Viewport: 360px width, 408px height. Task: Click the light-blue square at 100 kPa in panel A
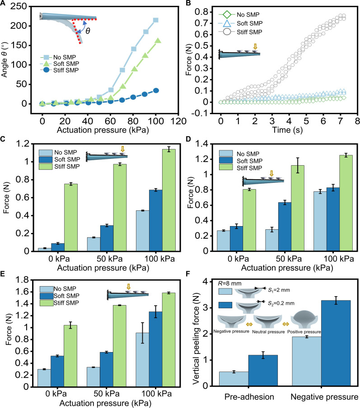pyautogui.click(x=156, y=20)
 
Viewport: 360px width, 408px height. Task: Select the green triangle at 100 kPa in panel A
pyautogui.click(x=158, y=41)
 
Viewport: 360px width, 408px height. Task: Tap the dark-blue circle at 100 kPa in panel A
pyautogui.click(x=156, y=91)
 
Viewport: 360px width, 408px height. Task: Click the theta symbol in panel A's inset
pyautogui.click(x=88, y=31)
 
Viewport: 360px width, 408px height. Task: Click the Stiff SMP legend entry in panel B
pyautogui.click(x=240, y=32)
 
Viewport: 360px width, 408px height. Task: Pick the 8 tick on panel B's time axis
pyautogui.click(x=357, y=121)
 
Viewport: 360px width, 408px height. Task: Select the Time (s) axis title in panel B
pyautogui.click(x=288, y=130)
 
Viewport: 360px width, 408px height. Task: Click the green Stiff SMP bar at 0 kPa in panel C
pyautogui.click(x=71, y=218)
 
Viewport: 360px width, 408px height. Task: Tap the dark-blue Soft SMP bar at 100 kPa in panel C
pyautogui.click(x=156, y=220)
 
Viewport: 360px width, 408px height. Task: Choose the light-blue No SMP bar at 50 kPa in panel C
pyautogui.click(x=94, y=244)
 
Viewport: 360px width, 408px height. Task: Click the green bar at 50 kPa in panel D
pyautogui.click(x=298, y=208)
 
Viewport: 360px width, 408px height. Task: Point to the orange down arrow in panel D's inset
pyautogui.click(x=271, y=173)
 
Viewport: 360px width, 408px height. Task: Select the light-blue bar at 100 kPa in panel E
pyautogui.click(x=142, y=360)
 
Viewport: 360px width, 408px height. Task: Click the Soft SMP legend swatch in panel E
pyautogui.click(x=47, y=296)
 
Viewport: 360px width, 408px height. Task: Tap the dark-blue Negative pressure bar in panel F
pyautogui.click(x=336, y=343)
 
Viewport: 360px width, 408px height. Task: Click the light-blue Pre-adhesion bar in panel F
pyautogui.click(x=234, y=379)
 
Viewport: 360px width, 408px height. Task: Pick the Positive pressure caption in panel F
pyautogui.click(x=304, y=332)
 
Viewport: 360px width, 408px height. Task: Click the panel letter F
pyautogui.click(x=189, y=274)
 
